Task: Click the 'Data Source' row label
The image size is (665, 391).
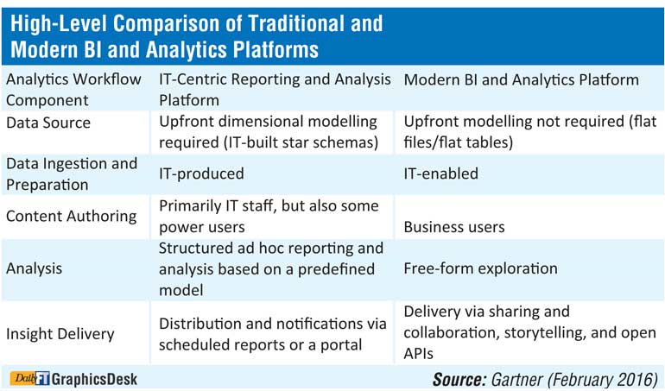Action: click(x=48, y=123)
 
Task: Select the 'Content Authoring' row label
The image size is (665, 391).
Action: click(x=71, y=217)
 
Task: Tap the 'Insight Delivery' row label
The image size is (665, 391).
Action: click(x=60, y=334)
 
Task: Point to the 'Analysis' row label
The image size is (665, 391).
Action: click(x=34, y=268)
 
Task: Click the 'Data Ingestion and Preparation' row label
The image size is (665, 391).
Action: click(x=72, y=174)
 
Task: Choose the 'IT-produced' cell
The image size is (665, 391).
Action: click(x=201, y=173)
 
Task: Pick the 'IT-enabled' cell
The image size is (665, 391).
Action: click(x=441, y=173)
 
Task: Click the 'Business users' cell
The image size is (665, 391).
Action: click(x=454, y=227)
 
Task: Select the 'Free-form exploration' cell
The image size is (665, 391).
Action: click(x=480, y=268)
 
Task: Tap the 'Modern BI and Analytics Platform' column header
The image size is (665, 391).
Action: click(x=522, y=79)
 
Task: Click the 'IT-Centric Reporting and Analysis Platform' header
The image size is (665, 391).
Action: click(x=275, y=90)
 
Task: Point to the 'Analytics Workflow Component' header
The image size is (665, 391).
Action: click(x=73, y=90)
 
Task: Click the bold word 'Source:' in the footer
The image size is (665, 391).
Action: click(x=459, y=379)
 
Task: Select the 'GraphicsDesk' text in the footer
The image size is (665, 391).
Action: click(x=94, y=379)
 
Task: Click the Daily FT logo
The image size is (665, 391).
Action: click(x=30, y=378)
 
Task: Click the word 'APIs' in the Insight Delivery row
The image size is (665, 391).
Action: click(x=418, y=354)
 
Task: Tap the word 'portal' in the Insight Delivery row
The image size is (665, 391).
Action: click(x=340, y=345)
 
